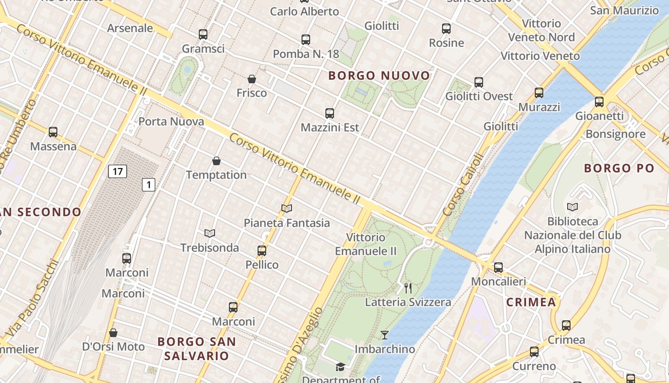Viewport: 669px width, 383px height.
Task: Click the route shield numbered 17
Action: tap(117, 171)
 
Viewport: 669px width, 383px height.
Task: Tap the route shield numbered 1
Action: tap(149, 184)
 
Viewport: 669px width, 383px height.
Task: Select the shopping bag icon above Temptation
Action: tap(216, 161)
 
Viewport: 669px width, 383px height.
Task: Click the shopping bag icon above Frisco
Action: tap(252, 79)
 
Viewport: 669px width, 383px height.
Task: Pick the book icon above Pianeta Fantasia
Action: tap(287, 208)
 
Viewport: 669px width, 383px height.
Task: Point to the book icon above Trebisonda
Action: tap(210, 233)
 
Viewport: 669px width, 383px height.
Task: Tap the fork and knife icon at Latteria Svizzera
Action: tap(408, 288)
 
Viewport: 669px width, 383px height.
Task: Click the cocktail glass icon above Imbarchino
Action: tap(385, 335)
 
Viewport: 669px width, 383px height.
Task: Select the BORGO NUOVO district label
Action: tap(379, 76)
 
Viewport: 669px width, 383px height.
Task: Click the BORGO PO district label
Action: tap(619, 168)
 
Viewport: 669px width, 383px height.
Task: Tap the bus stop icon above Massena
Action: tap(53, 132)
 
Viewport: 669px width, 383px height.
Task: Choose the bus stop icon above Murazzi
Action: tap(539, 93)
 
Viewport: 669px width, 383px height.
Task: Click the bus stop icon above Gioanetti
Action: tap(599, 102)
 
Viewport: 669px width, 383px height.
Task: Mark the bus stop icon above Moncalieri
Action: tap(498, 268)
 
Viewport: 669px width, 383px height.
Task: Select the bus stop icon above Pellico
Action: tap(262, 250)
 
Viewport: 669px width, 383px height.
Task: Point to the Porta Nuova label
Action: tap(171, 122)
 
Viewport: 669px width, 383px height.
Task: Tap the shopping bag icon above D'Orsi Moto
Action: tap(113, 333)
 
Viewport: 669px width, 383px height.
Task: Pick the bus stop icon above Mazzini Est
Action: tap(330, 113)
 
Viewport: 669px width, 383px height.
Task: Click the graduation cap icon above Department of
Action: tap(340, 367)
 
